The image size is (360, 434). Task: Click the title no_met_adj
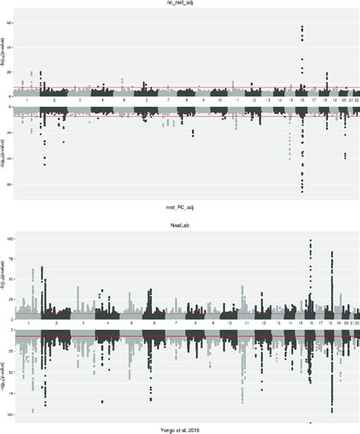(181, 4)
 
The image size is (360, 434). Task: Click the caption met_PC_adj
(181, 207)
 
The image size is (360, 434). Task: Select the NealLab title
(181, 225)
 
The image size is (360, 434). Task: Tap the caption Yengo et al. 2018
(181, 429)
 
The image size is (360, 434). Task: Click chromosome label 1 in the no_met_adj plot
(27, 100)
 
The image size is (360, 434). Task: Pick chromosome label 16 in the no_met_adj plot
(302, 100)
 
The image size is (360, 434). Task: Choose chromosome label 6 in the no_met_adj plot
(146, 100)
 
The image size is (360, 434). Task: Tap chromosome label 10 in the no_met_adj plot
(219, 100)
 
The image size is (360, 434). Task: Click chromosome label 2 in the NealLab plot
(55, 324)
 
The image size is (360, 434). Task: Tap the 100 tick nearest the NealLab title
(11, 239)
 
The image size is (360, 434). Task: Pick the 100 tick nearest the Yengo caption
(11, 415)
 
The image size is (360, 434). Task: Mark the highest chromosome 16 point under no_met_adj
(302, 27)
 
